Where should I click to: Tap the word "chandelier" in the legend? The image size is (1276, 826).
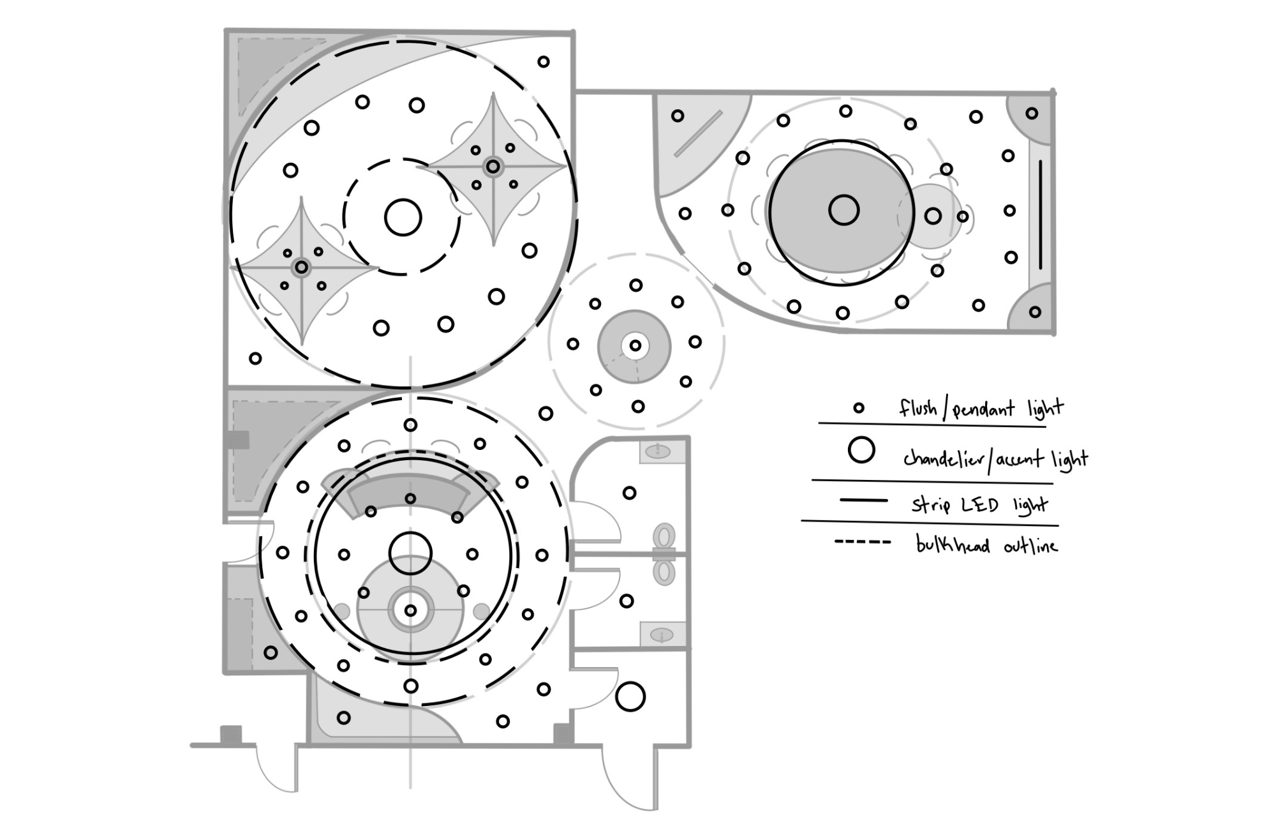click(x=944, y=458)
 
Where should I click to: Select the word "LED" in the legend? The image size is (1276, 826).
click(x=980, y=505)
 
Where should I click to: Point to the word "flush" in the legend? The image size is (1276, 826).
click(x=918, y=407)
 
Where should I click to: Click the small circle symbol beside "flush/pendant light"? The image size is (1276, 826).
click(x=859, y=407)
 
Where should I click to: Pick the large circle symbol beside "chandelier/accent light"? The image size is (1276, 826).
click(x=861, y=450)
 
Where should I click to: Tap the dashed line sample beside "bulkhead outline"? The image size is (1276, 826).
click(x=863, y=543)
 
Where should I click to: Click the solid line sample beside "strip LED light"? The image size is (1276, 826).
click(x=864, y=500)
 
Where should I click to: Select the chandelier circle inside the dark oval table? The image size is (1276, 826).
click(x=843, y=210)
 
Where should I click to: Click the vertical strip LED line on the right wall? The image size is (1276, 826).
click(x=1041, y=214)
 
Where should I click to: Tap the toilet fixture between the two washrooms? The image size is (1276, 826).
click(x=664, y=553)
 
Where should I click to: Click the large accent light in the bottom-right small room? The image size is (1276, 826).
click(x=630, y=696)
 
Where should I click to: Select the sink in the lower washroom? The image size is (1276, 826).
click(x=662, y=635)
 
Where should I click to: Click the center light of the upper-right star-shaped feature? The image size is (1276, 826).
click(x=493, y=167)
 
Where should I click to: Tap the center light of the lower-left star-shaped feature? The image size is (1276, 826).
click(x=301, y=267)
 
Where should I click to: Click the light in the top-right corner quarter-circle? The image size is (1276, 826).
click(x=1032, y=114)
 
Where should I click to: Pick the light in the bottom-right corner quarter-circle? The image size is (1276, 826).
click(x=1035, y=312)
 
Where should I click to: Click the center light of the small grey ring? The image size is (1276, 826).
click(x=635, y=345)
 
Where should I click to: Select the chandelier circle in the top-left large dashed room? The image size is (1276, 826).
click(x=403, y=217)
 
